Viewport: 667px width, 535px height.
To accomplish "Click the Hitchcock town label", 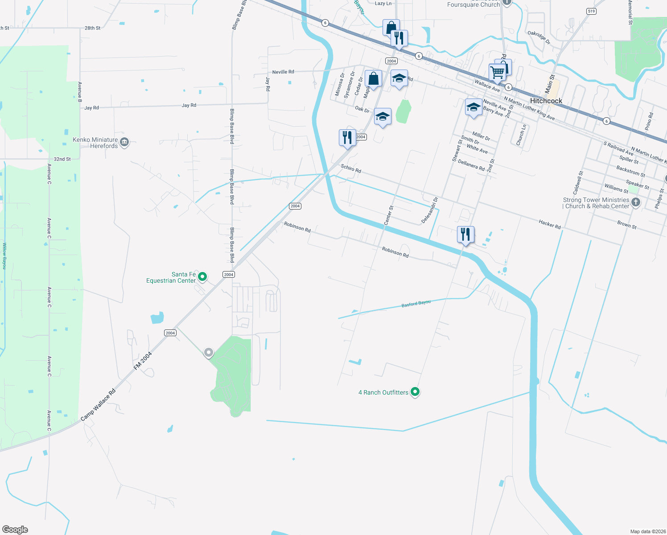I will click(546, 101).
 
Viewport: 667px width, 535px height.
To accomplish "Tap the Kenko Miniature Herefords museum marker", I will click(124, 142).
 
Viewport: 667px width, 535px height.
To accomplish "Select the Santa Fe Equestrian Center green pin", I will click(202, 277).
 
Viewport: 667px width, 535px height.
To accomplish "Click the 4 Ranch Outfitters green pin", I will click(415, 392).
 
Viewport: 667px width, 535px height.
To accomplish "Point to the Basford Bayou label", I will click(416, 304).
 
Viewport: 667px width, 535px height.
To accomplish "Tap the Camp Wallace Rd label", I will click(98, 405).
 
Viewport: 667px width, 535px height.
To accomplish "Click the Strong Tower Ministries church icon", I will click(636, 202).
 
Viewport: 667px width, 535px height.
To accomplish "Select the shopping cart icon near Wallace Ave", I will click(497, 72).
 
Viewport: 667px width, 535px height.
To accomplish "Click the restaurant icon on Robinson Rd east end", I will click(465, 235).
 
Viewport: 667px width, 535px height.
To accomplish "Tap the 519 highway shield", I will click(591, 11).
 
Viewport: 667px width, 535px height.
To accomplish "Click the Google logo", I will click(15, 529).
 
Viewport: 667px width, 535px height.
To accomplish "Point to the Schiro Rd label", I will click(351, 169).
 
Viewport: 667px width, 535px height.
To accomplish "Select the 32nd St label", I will click(62, 159).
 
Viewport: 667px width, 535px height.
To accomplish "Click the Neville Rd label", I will click(283, 72).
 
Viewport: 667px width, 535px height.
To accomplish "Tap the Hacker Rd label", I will click(549, 224).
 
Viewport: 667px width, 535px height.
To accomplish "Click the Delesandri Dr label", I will click(430, 210).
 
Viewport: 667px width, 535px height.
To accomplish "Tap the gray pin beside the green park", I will click(208, 353).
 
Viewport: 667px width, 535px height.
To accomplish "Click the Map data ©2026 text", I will click(646, 531).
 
